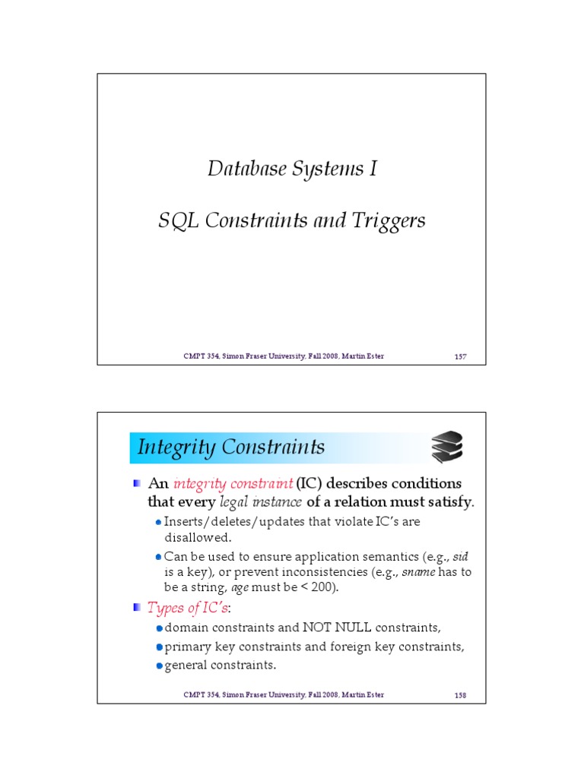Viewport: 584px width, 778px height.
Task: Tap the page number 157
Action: pos(460,356)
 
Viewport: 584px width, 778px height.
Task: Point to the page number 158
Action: pos(460,694)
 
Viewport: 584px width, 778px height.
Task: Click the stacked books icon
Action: pos(446,448)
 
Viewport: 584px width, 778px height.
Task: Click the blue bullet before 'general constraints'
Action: pos(159,666)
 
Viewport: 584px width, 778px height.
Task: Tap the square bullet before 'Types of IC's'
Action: pos(136,608)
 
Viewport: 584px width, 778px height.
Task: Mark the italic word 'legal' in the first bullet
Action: pos(234,501)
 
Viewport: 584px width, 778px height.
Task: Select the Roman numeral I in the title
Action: pos(373,169)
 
